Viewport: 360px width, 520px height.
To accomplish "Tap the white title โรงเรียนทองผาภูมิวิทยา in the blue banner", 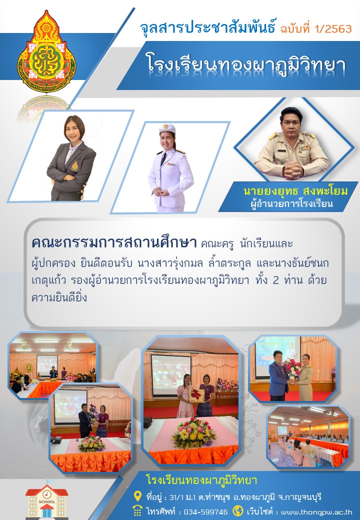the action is [246, 64].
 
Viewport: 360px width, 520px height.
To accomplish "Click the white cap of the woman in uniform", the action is [166, 128].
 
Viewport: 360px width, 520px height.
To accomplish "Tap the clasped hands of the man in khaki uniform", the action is [293, 171].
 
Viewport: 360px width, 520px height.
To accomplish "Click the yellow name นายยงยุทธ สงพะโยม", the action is [295, 191].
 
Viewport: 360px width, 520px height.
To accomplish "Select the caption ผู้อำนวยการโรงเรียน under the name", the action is [291, 203].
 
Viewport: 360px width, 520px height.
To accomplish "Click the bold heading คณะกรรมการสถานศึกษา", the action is [114, 243].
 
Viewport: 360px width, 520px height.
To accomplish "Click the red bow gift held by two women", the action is [196, 394].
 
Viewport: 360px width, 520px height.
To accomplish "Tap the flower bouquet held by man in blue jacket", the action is [292, 367].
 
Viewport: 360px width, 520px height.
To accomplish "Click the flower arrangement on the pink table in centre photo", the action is [193, 433].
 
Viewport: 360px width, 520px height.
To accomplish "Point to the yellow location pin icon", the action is [137, 496].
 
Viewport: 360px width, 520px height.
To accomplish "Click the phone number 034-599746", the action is [206, 511].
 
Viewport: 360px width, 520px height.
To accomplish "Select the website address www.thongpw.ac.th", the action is [316, 511].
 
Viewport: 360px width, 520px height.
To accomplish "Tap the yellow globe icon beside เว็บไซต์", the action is [237, 510].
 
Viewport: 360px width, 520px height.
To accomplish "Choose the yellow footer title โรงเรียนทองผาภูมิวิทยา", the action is [201, 480].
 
